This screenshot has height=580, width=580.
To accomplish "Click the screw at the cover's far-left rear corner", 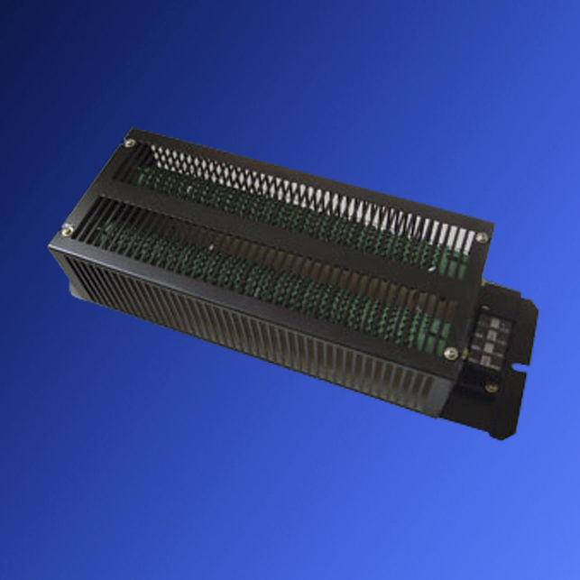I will (130, 143).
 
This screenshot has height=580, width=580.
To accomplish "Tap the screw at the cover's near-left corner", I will (67, 230).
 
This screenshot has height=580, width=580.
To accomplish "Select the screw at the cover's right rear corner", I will (482, 237).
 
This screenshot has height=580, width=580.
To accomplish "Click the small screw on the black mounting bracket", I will (491, 389).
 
